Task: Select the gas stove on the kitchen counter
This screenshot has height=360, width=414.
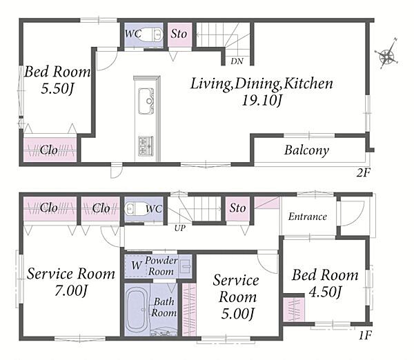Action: click(146, 146)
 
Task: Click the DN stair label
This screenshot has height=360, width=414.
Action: click(237, 61)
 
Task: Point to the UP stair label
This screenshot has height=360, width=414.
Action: click(180, 228)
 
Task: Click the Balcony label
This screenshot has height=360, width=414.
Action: click(306, 150)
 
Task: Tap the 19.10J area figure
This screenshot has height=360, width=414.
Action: click(262, 100)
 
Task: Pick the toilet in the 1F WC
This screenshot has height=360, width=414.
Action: click(137, 209)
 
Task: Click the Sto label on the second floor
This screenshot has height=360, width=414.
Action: click(179, 34)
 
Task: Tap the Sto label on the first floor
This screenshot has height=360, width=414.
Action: click(237, 208)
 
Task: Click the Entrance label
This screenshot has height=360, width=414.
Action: click(307, 217)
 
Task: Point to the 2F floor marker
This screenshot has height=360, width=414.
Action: click(364, 173)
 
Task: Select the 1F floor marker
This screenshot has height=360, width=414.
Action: click(365, 335)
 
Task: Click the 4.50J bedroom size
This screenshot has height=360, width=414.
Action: click(325, 292)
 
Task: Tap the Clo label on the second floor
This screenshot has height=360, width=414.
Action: click(49, 150)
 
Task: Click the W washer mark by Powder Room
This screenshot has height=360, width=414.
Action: click(137, 266)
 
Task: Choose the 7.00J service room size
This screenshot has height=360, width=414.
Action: click(71, 291)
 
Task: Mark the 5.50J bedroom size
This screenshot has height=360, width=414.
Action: click(57, 89)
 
